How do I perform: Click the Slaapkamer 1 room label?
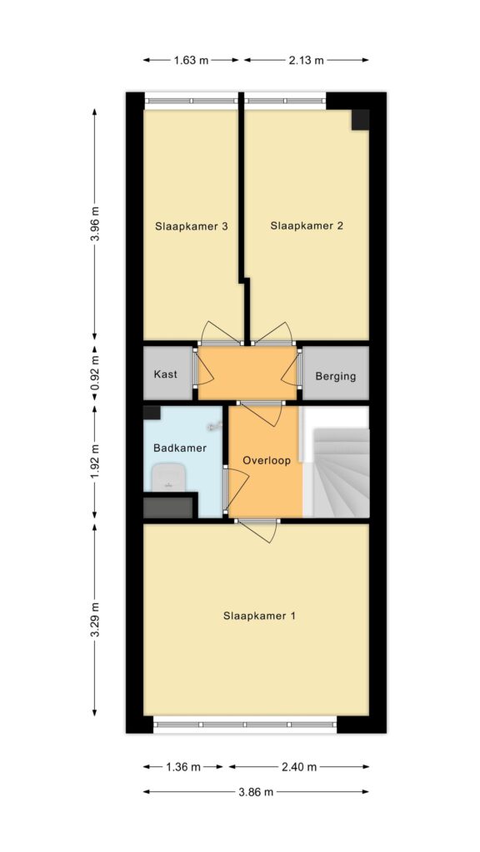tap(259, 617)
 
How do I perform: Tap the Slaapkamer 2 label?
tap(307, 226)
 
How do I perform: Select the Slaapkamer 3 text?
tap(191, 226)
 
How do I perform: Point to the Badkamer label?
tap(180, 448)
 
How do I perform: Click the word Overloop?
tap(267, 460)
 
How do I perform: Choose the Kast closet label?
tap(166, 374)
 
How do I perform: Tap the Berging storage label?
tap(336, 376)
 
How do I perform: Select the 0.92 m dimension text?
tap(95, 374)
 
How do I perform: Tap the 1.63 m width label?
tap(191, 60)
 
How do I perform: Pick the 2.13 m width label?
tap(307, 60)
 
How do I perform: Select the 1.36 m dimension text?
tap(183, 767)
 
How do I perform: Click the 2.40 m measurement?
tap(299, 767)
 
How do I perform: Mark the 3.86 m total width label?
tap(256, 792)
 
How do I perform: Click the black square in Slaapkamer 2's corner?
tap(360, 120)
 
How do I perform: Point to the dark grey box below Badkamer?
tap(168, 508)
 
